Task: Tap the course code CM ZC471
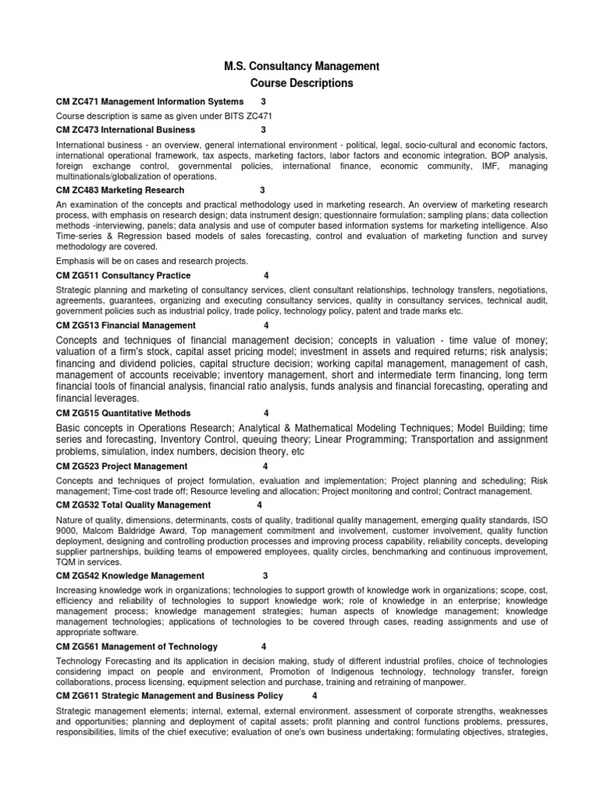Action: [78, 102]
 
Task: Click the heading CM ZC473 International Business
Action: [126, 130]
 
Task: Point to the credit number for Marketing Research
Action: [263, 190]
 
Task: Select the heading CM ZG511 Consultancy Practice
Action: [124, 276]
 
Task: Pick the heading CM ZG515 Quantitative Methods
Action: [124, 413]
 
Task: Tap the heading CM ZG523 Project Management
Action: [122, 466]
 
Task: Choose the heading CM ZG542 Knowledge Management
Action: [131, 576]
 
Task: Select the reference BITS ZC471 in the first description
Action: [247, 116]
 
